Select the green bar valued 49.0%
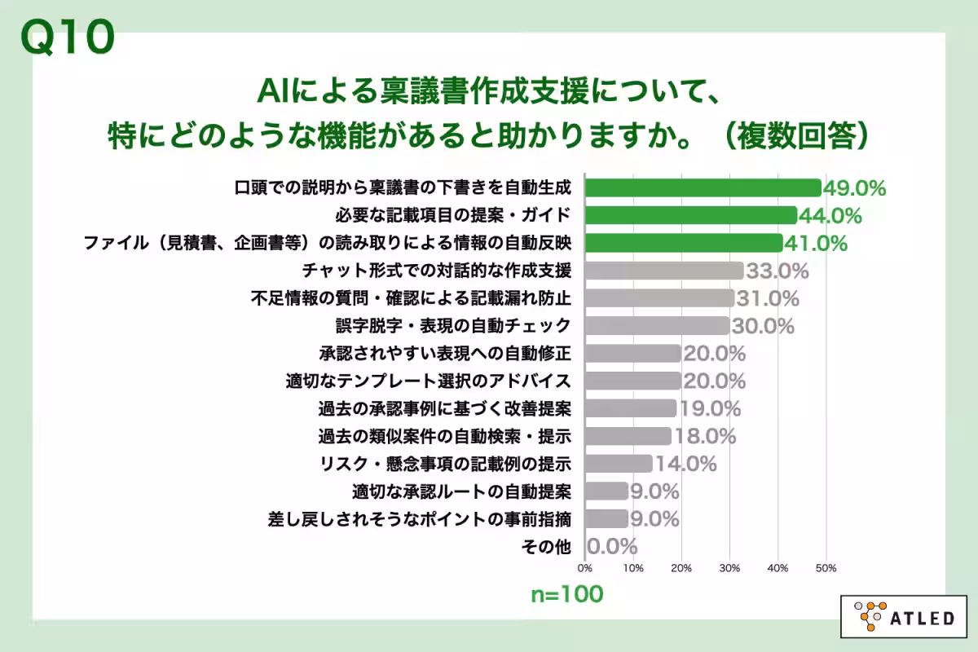pyautogui.click(x=703, y=187)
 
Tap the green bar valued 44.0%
pyautogui.click(x=691, y=215)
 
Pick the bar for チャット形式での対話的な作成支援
pyautogui.click(x=664, y=270)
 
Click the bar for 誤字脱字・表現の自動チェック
pyautogui.click(x=658, y=325)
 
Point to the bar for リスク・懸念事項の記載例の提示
pyautogui.click(x=619, y=463)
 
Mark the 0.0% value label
pyautogui.click(x=612, y=546)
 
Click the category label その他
pyautogui.click(x=545, y=546)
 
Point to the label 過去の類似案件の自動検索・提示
pyautogui.click(x=444, y=436)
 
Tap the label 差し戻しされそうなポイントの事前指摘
pyautogui.click(x=420, y=518)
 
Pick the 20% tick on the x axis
pyautogui.click(x=681, y=568)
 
